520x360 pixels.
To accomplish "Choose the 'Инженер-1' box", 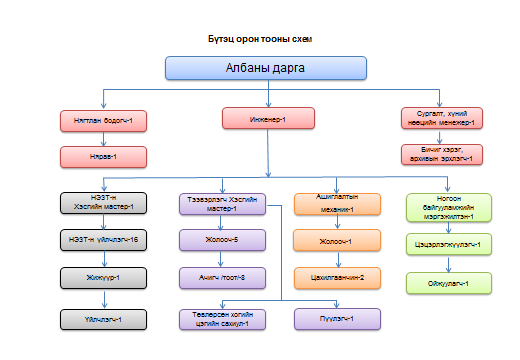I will tap(266, 120).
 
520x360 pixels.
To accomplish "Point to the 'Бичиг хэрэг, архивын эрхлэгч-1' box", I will tap(442, 154).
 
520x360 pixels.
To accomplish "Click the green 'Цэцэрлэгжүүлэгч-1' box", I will tap(448, 244).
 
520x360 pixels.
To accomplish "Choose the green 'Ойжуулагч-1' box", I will tap(448, 284).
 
